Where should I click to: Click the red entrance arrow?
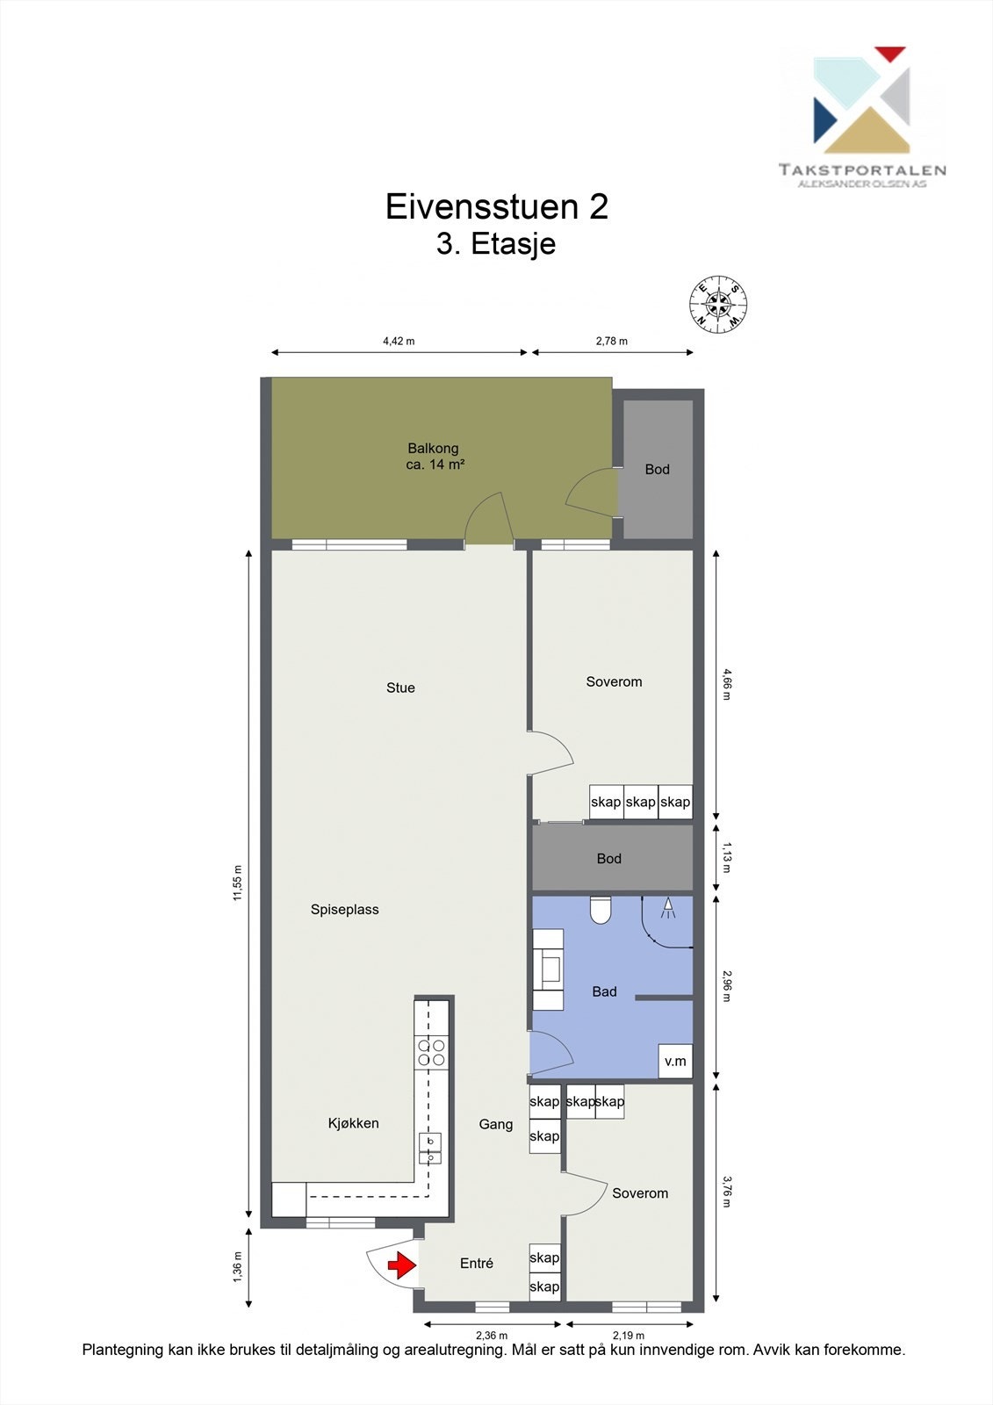(x=402, y=1265)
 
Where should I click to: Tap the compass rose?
(x=718, y=306)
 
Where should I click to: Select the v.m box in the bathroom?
(x=675, y=1061)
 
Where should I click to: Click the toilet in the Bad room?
(x=601, y=911)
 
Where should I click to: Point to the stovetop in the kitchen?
(x=431, y=1052)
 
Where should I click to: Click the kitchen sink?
(x=430, y=1148)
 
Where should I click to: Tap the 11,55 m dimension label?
(x=237, y=883)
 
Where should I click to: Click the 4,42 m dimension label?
(x=399, y=341)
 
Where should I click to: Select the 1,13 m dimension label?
(x=726, y=857)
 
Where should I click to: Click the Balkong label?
(x=434, y=449)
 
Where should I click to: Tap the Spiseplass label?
(x=345, y=910)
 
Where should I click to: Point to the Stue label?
(x=400, y=688)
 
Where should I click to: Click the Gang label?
(x=496, y=1124)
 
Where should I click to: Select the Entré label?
(x=477, y=1263)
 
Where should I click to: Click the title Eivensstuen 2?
(x=497, y=206)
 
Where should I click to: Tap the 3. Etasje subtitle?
(x=496, y=243)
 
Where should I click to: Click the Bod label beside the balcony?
(x=657, y=469)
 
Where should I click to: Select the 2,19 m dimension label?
(x=629, y=1336)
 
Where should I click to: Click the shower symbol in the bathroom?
(x=667, y=909)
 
